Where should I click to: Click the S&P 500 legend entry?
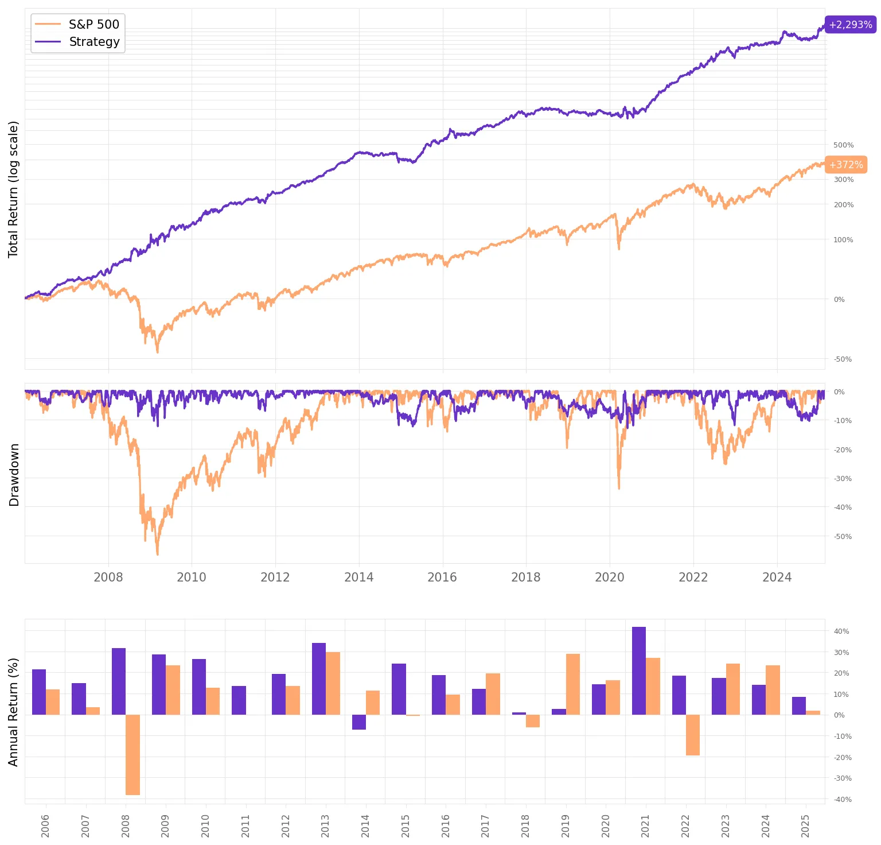coord(77,24)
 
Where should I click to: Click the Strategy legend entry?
coord(77,42)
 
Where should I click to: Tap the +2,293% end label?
coord(850,25)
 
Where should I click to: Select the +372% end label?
coord(845,165)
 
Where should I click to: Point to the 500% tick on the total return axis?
coord(843,145)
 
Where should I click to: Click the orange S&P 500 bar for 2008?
coord(132,755)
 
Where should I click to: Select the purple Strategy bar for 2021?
coord(638,671)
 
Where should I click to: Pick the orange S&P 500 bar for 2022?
coord(693,735)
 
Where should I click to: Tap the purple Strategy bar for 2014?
coord(359,722)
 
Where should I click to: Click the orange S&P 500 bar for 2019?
coord(573,684)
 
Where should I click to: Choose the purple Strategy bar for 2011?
coord(239,700)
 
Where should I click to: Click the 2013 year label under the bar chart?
coord(325,826)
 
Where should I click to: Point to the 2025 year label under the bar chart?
coord(805,826)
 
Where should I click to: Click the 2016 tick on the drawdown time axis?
coord(442,577)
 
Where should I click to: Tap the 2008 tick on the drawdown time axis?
coord(108,577)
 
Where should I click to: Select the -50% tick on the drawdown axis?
coord(843,537)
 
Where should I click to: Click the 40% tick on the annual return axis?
coord(841,631)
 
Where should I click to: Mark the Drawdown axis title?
coord(14,475)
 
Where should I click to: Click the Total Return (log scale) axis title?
coord(14,189)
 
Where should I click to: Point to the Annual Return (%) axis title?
coord(14,712)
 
